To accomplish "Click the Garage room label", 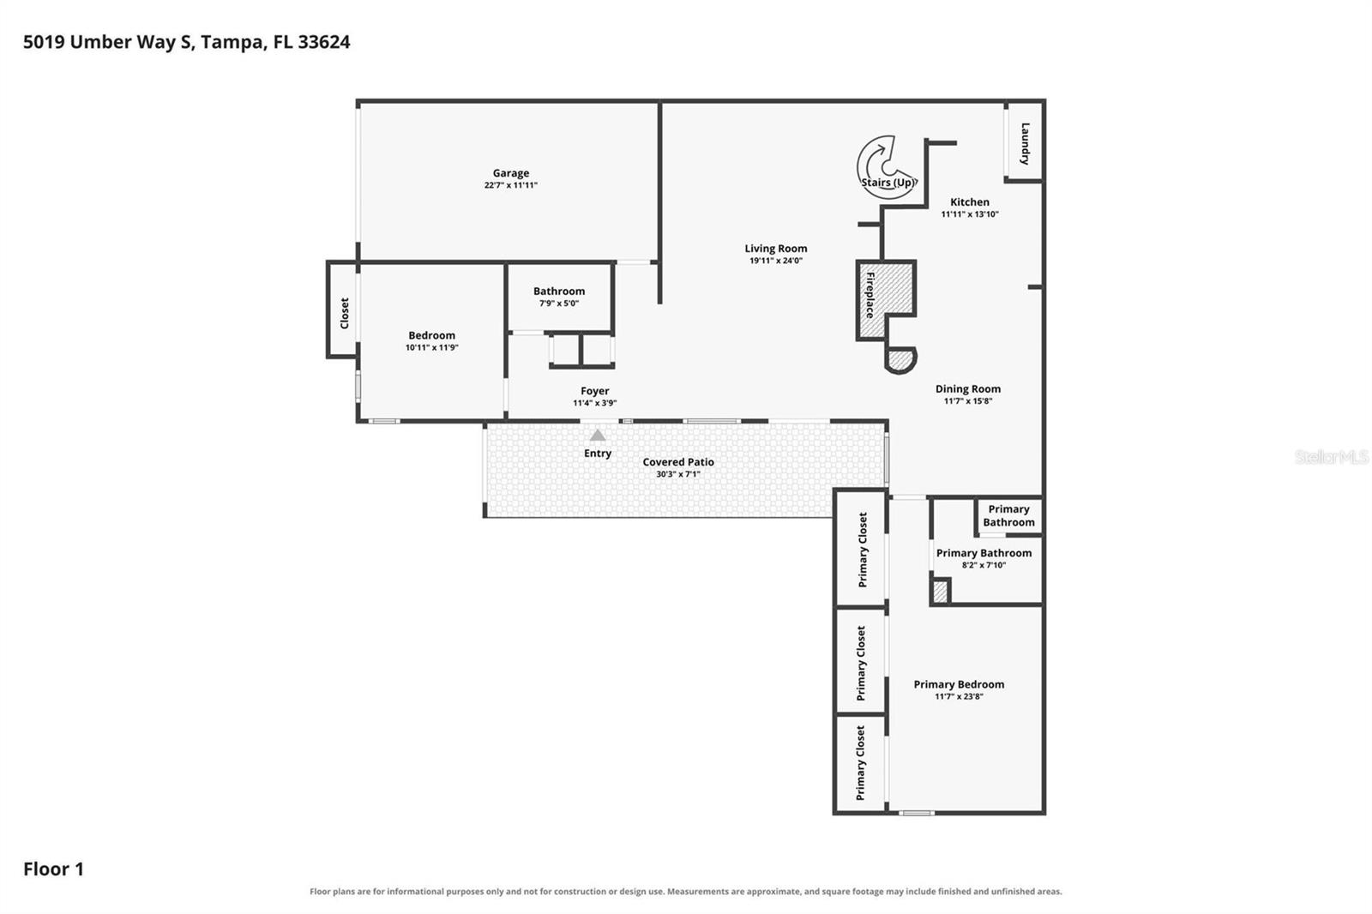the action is click(511, 173).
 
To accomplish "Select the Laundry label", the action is click(1025, 144).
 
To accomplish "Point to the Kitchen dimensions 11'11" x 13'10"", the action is click(970, 214).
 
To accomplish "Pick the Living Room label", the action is click(775, 248).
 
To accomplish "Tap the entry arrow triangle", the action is click(597, 435).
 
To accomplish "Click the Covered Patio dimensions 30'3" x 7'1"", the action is click(678, 474).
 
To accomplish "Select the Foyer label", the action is click(595, 391).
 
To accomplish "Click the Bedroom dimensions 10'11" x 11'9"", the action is click(432, 347).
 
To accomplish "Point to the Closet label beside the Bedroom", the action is click(344, 313).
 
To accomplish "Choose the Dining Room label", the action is click(968, 389).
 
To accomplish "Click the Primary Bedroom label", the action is click(959, 684).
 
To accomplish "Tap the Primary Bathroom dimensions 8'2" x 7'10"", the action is click(984, 565).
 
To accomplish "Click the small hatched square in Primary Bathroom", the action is click(940, 592).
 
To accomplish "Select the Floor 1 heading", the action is click(53, 869).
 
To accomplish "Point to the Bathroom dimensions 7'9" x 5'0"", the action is click(558, 304).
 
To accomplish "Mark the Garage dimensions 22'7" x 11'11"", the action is click(511, 185).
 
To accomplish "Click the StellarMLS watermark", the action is click(1332, 456).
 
